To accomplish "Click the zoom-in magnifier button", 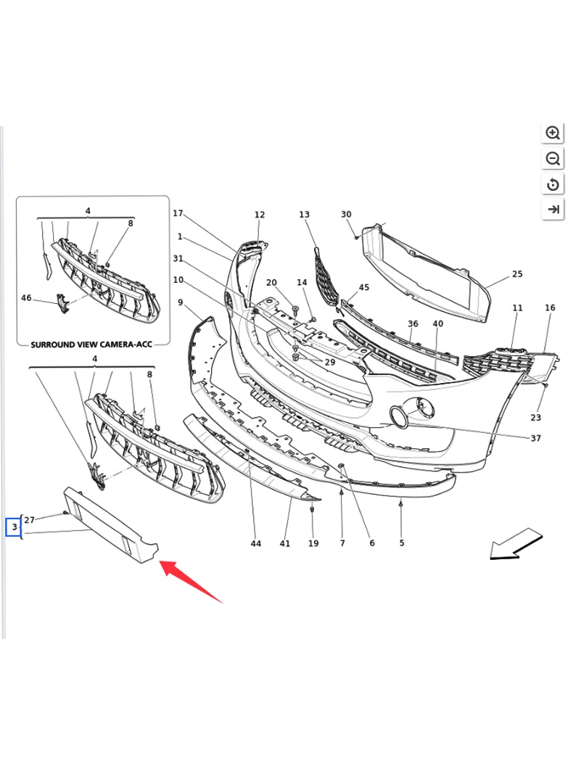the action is [x=553, y=133].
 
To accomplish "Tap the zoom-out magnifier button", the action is [x=553, y=159].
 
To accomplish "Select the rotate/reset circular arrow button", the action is [x=553, y=184].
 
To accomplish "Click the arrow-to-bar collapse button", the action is [x=553, y=210].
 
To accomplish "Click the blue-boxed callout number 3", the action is [x=14, y=527].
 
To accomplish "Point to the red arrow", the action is [x=190, y=581].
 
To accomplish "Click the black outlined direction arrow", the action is [x=516, y=544].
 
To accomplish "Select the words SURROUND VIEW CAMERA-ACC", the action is [x=91, y=345].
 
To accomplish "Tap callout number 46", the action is [x=26, y=298].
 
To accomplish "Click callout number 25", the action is [x=517, y=274].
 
